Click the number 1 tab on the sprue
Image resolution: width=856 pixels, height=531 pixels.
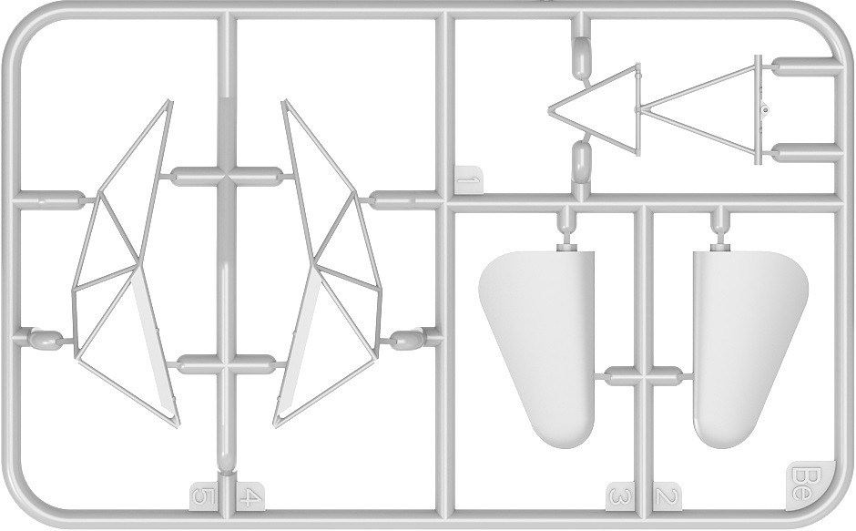[468, 179]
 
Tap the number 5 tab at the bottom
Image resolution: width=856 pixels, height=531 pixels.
[203, 496]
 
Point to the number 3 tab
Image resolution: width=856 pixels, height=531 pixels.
[620, 496]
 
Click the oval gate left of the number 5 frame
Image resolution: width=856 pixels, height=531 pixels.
[44, 339]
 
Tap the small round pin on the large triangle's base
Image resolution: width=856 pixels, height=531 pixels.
[765, 110]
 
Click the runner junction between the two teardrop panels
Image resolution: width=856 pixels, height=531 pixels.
[641, 376]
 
